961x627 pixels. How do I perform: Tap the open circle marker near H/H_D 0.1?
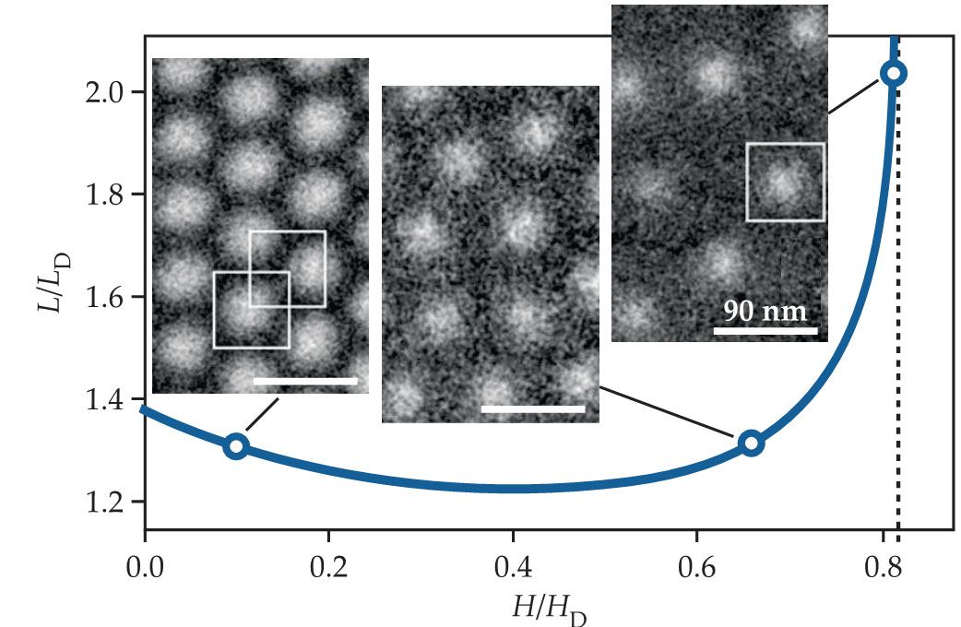coord(236,446)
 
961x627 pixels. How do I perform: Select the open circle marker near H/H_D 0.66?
coord(751,444)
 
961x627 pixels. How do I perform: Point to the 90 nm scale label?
coord(765,311)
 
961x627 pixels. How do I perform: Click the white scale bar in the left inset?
coord(304,380)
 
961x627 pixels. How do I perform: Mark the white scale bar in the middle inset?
coord(533,408)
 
